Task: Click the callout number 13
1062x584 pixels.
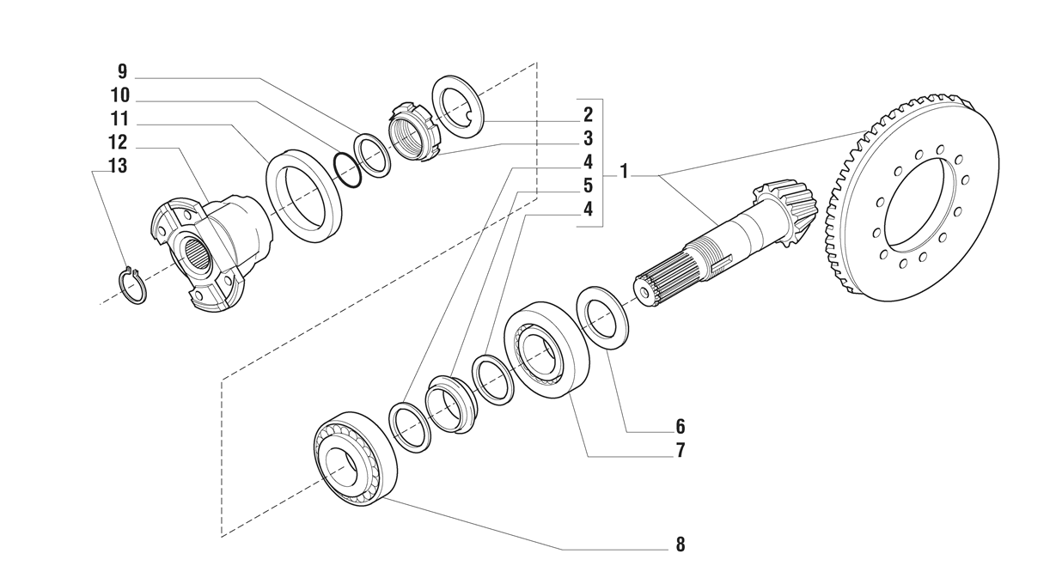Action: pyautogui.click(x=117, y=166)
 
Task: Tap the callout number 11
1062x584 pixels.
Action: pyautogui.click(x=118, y=119)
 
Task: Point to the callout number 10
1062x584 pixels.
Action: pyautogui.click(x=119, y=95)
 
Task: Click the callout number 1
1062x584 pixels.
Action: pyautogui.click(x=625, y=173)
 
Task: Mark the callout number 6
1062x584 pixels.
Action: pyautogui.click(x=680, y=426)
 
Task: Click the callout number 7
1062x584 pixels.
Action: pyautogui.click(x=680, y=449)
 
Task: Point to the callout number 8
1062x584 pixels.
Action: pyautogui.click(x=680, y=544)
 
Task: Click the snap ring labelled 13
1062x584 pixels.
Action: pyautogui.click(x=131, y=286)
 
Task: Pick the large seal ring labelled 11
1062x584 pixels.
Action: pyautogui.click(x=304, y=195)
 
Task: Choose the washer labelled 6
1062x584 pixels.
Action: pyautogui.click(x=605, y=318)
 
